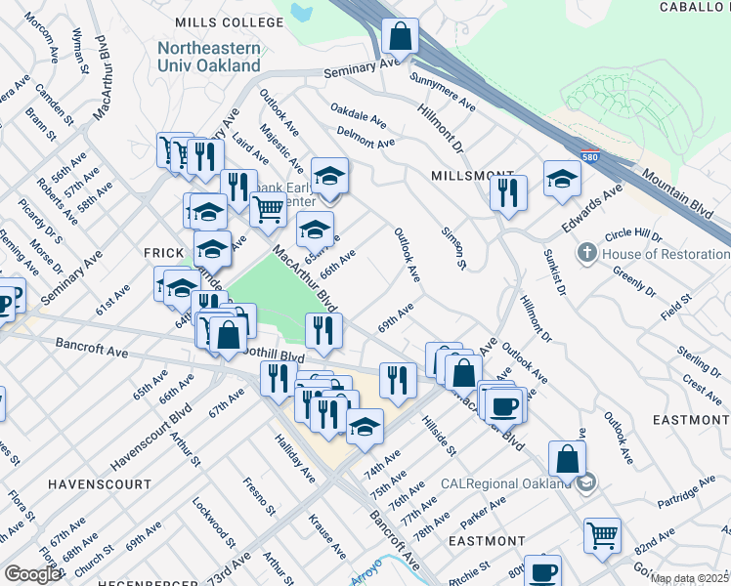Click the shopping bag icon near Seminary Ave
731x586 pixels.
click(400, 37)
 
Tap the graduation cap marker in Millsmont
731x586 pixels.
click(562, 178)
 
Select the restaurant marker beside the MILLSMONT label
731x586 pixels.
click(508, 192)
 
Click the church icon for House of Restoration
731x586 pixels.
click(586, 253)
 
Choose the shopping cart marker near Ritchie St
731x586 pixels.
click(602, 534)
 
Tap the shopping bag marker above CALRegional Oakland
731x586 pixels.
click(567, 458)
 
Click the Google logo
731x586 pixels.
click(32, 574)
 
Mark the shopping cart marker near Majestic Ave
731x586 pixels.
click(268, 208)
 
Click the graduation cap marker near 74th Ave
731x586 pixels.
click(365, 428)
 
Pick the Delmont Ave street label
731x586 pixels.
click(365, 137)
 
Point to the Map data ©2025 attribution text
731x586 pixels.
click(689, 578)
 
